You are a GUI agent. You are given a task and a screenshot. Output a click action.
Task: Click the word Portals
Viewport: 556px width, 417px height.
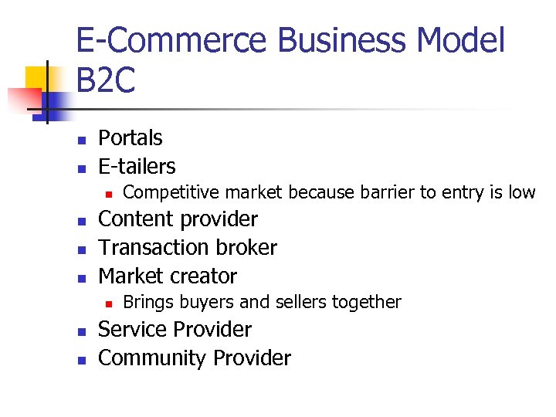coord(131,138)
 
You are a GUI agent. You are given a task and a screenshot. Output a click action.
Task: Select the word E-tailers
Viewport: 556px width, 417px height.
coord(137,166)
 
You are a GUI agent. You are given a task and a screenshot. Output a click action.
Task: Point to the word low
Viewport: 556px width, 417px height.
coord(521,192)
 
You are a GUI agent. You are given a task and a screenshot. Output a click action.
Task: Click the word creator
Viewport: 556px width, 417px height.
coord(206,276)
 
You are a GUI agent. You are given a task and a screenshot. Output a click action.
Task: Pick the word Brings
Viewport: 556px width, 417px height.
coord(147,302)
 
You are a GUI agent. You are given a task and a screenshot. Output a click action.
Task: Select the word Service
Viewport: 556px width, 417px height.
coord(134,330)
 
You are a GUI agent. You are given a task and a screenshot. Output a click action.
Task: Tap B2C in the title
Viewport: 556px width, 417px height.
coord(106,81)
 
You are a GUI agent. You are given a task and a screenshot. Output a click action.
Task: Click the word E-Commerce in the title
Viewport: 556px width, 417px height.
coord(178,40)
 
